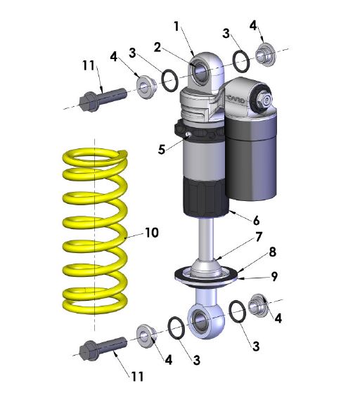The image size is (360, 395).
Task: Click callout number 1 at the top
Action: tap(176, 27)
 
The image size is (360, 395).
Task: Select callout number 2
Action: tap(158, 46)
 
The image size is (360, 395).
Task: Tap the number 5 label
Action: tap(161, 149)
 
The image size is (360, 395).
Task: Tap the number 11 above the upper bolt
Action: tap(87, 65)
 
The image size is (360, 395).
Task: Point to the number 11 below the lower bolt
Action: tap(136, 377)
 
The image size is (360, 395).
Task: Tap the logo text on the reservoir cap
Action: tap(237, 101)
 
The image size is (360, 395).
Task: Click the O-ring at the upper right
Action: tap(240, 62)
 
